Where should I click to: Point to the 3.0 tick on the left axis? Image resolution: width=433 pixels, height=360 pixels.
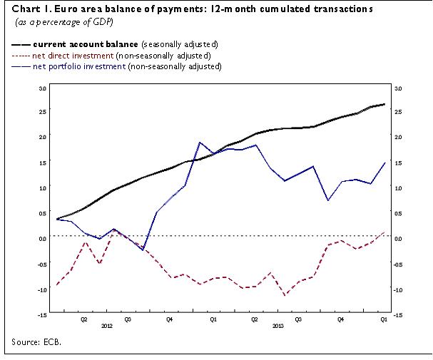tap(42, 88)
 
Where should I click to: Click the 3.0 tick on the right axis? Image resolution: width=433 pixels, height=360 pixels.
tap(398, 88)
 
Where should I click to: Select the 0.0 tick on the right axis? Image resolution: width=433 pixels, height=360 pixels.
tap(398, 237)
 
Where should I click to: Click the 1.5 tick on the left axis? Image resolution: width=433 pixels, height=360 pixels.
tap(42, 163)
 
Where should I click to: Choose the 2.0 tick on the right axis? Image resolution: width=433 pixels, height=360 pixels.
tap(398, 137)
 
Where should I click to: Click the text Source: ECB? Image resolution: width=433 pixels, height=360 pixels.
tap(36, 342)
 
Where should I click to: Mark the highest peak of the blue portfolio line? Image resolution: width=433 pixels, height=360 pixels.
tap(200, 143)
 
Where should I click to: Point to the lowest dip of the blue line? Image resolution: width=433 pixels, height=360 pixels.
tap(143, 250)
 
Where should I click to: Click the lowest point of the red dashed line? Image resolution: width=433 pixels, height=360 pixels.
tap(285, 295)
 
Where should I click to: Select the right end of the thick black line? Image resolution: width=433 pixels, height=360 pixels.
tap(385, 104)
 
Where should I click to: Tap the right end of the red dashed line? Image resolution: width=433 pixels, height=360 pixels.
tap(385, 232)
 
